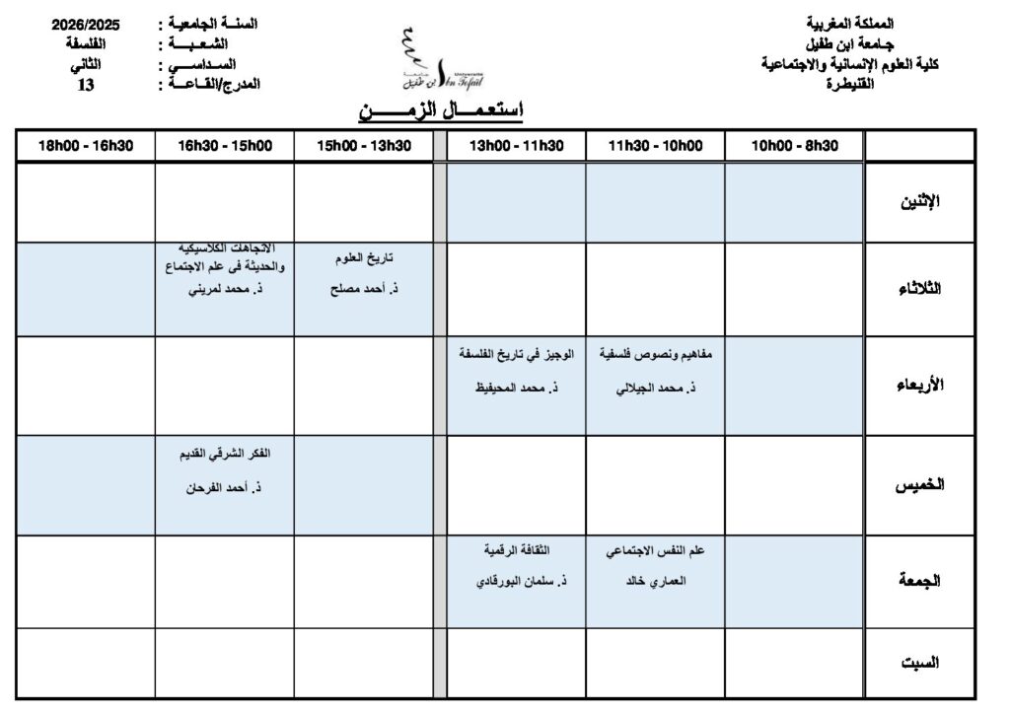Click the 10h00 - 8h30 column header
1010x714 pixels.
794,146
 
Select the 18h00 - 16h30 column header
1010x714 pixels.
85,146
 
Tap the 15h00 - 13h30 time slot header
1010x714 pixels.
363,146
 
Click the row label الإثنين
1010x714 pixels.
919,202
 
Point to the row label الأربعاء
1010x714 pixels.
918,385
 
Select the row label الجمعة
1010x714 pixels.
918,581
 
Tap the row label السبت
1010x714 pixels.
919,663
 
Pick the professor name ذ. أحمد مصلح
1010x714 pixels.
363,292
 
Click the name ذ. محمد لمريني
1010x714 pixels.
224,292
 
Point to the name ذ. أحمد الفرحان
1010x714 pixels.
224,487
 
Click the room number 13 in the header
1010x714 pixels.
86,85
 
